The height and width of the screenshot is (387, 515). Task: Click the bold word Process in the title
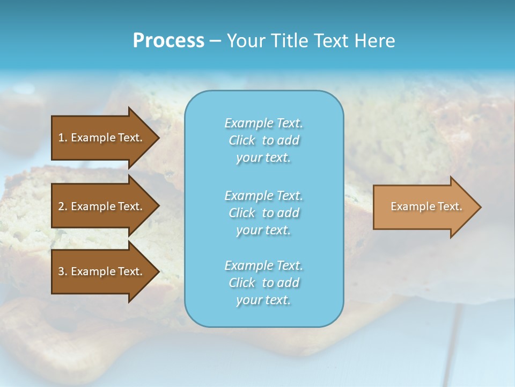pyautogui.click(x=168, y=41)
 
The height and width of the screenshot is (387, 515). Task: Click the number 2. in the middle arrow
pyautogui.click(x=63, y=206)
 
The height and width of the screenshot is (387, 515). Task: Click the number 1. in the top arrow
pyautogui.click(x=63, y=138)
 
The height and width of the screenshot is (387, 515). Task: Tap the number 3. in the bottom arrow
pyautogui.click(x=63, y=271)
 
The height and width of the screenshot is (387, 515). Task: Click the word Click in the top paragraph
pyautogui.click(x=242, y=140)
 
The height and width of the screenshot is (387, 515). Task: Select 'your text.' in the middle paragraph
pyautogui.click(x=263, y=230)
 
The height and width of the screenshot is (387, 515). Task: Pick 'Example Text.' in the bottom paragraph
pyautogui.click(x=263, y=266)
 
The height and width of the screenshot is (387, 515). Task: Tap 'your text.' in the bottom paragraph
pyautogui.click(x=263, y=300)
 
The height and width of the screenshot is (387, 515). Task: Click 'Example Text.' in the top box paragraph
pyautogui.click(x=263, y=123)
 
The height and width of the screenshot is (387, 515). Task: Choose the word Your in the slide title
pyautogui.click(x=246, y=41)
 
